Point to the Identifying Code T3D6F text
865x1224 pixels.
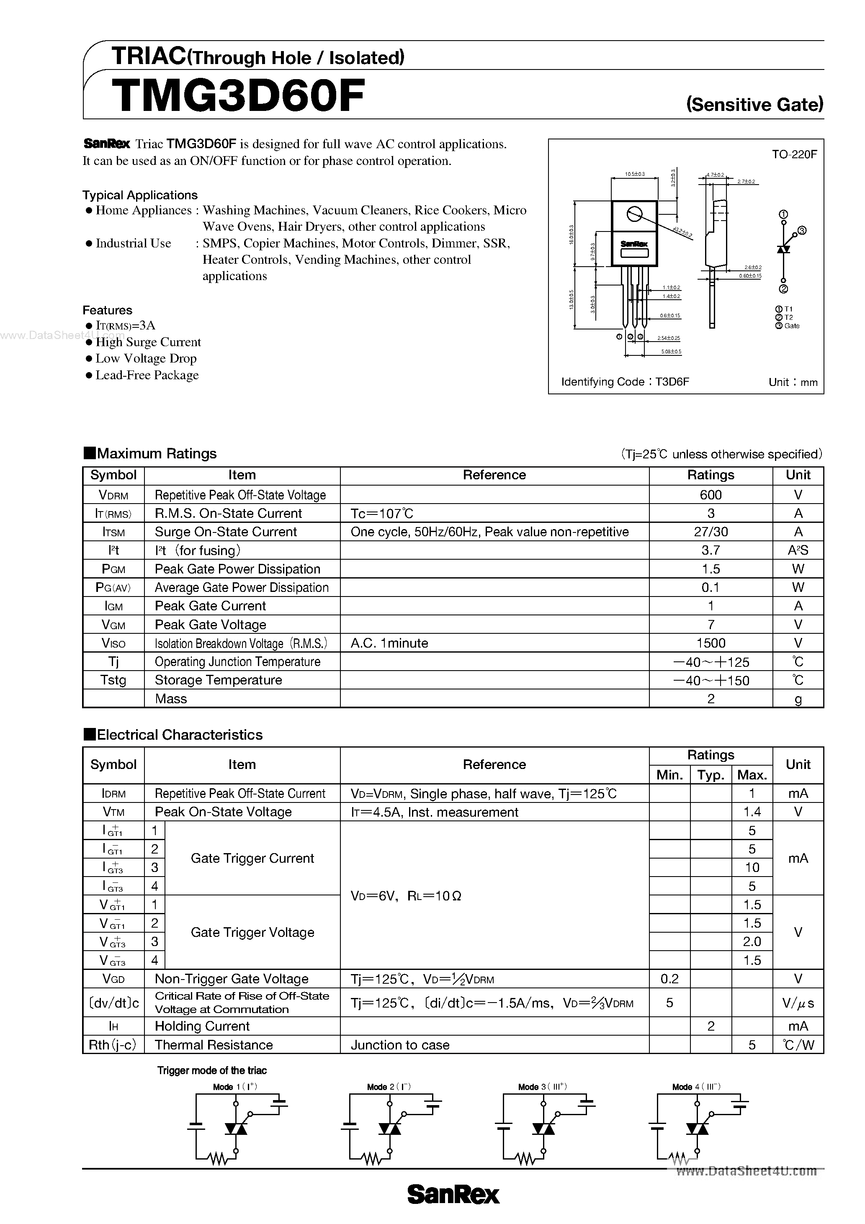[x=625, y=382]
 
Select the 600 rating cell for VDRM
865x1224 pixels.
[x=711, y=495]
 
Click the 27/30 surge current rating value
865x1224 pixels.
[x=711, y=532]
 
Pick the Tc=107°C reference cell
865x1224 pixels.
[x=382, y=513]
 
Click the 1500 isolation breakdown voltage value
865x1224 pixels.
[x=711, y=643]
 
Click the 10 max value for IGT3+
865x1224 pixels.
[x=752, y=867]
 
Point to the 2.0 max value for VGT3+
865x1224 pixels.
[x=752, y=941]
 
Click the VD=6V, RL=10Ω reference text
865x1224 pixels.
[x=406, y=896]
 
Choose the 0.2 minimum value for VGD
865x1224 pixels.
[x=669, y=979]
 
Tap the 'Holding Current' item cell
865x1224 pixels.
[x=202, y=1026]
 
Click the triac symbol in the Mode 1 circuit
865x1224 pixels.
[x=236, y=1129]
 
